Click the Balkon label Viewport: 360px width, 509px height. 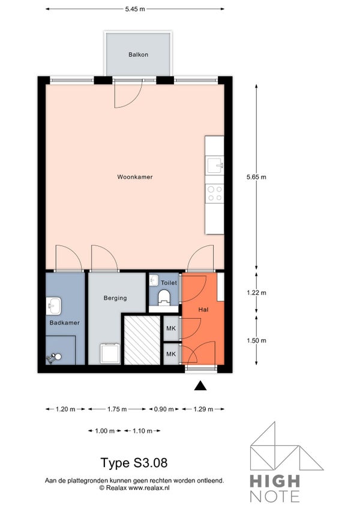pos(138,55)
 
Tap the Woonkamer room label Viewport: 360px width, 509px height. pos(135,177)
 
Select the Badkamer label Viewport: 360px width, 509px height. pos(65,323)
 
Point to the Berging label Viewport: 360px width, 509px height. pos(115,298)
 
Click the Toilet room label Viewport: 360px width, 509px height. pos(169,283)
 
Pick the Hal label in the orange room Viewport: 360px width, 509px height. pos(203,310)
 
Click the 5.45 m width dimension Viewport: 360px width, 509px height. pos(135,9)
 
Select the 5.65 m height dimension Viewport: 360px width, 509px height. pos(256,177)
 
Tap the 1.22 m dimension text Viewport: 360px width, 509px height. pos(256,292)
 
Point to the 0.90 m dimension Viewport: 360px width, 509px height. pos(164,409)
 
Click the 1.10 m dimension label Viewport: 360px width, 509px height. pos(143,431)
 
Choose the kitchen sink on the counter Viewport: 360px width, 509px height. pos(215,165)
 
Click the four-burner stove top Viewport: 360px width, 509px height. pos(215,193)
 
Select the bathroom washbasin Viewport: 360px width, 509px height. pos(53,306)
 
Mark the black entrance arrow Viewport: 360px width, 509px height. pos(200,385)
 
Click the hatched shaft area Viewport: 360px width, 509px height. pos(142,340)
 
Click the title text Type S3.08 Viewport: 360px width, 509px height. pos(134,463)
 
